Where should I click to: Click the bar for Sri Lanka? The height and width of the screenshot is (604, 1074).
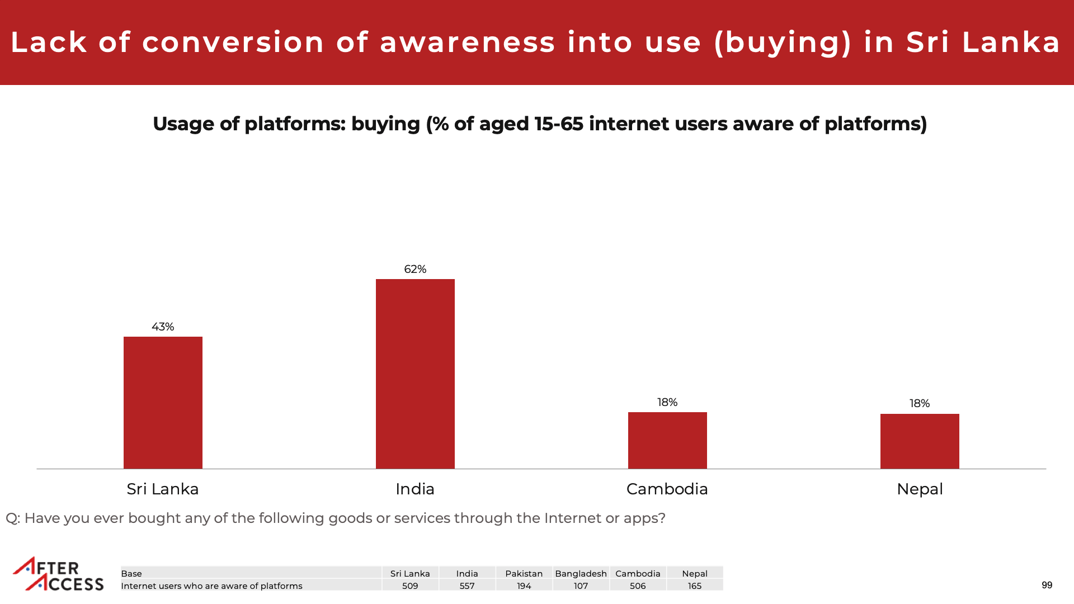tap(163, 403)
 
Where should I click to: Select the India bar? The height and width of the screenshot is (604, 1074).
tap(415, 374)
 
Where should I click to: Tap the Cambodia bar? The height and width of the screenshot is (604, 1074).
tap(667, 440)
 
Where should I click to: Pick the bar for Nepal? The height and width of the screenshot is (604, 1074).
tap(920, 441)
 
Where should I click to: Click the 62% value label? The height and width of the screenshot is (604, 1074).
tap(415, 270)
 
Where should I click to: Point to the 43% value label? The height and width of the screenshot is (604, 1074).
tap(163, 327)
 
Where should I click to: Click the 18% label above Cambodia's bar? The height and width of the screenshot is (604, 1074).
tap(667, 403)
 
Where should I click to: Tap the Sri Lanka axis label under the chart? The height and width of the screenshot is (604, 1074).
tap(163, 489)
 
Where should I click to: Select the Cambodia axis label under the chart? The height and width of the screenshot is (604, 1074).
tap(667, 489)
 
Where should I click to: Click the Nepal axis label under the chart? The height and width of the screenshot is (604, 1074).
tap(920, 489)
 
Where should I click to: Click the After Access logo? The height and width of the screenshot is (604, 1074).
tap(58, 574)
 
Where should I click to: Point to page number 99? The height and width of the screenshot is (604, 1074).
tap(1047, 585)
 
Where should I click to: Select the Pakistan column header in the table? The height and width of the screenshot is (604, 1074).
tap(524, 574)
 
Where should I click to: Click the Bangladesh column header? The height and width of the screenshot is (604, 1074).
tap(581, 574)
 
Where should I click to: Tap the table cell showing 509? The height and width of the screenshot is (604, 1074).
tap(410, 586)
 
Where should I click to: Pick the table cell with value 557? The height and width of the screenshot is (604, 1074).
tap(467, 586)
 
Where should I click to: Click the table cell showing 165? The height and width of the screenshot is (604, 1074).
tap(695, 586)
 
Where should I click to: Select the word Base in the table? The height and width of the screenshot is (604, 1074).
tap(131, 574)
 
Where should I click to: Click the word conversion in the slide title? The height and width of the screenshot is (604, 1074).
tap(233, 43)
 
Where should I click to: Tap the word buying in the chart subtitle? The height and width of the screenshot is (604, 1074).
tap(385, 124)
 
